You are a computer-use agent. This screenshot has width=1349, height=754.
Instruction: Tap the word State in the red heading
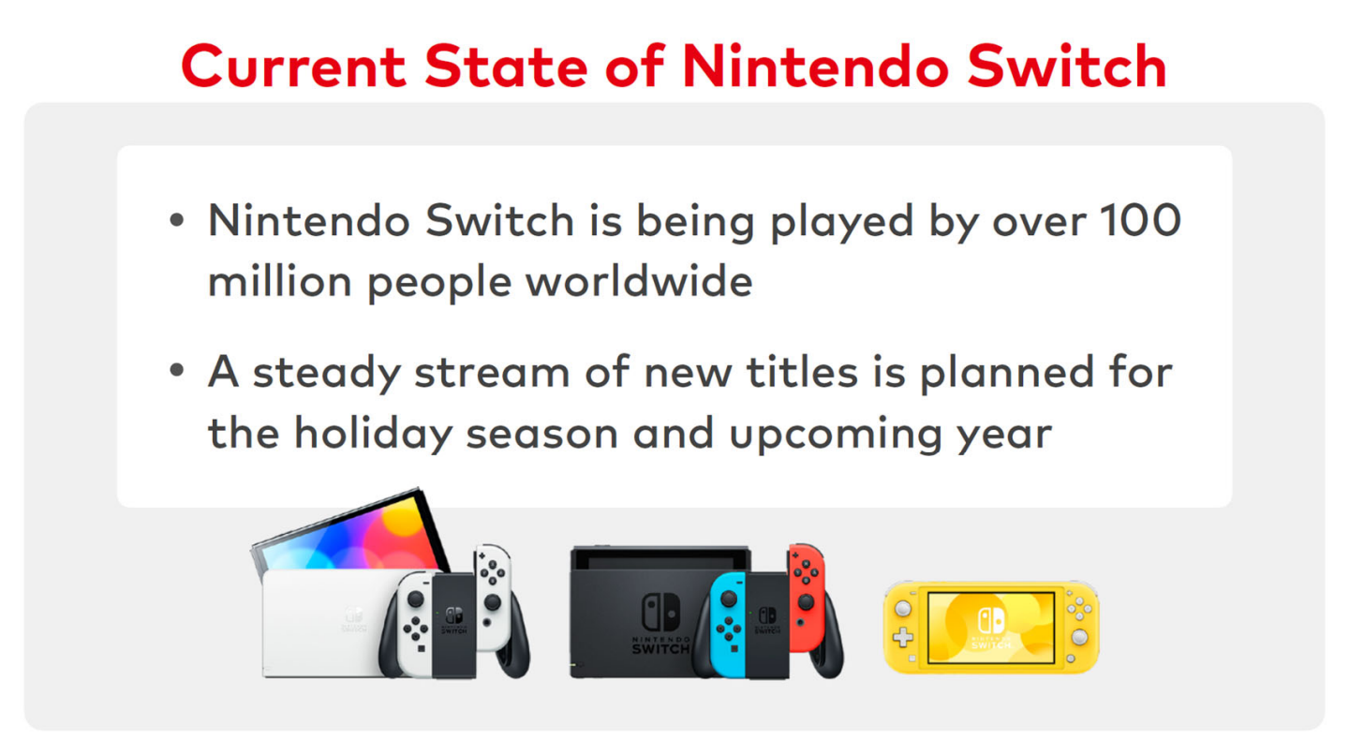(x=506, y=67)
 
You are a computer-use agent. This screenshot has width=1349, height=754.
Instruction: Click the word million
(x=279, y=282)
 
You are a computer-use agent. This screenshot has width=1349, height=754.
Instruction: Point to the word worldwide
(x=639, y=281)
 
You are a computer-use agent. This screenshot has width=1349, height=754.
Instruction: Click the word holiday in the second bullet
(x=374, y=434)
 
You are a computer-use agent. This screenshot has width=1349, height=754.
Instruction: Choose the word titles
(x=802, y=372)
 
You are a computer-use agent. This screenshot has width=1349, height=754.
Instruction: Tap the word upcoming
(x=836, y=435)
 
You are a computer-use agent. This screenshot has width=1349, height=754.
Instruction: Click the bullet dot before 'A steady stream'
(x=176, y=370)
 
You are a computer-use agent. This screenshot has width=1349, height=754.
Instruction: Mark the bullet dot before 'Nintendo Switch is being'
(x=176, y=220)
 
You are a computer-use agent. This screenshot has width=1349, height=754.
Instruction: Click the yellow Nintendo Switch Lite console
(x=991, y=627)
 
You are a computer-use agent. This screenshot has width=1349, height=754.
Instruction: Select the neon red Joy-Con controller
(x=806, y=598)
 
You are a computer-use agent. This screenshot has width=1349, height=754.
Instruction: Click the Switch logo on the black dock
(x=660, y=614)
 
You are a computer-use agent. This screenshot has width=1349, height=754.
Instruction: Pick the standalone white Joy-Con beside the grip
(x=493, y=598)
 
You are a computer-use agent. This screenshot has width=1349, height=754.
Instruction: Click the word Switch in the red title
(x=1067, y=67)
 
